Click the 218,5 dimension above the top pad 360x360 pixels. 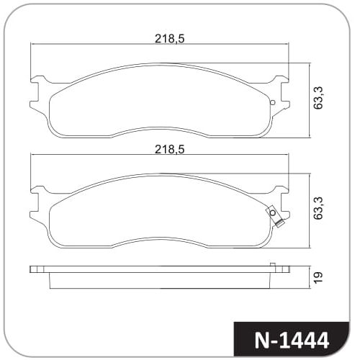[170, 39]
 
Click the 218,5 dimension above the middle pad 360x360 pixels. [170, 149]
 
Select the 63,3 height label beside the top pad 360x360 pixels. [318, 98]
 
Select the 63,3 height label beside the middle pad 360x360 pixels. [318, 208]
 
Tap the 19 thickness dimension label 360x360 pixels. [318, 277]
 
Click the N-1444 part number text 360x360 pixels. [292, 341]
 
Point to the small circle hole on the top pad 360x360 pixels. [272, 103]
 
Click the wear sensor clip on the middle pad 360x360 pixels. [275, 216]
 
